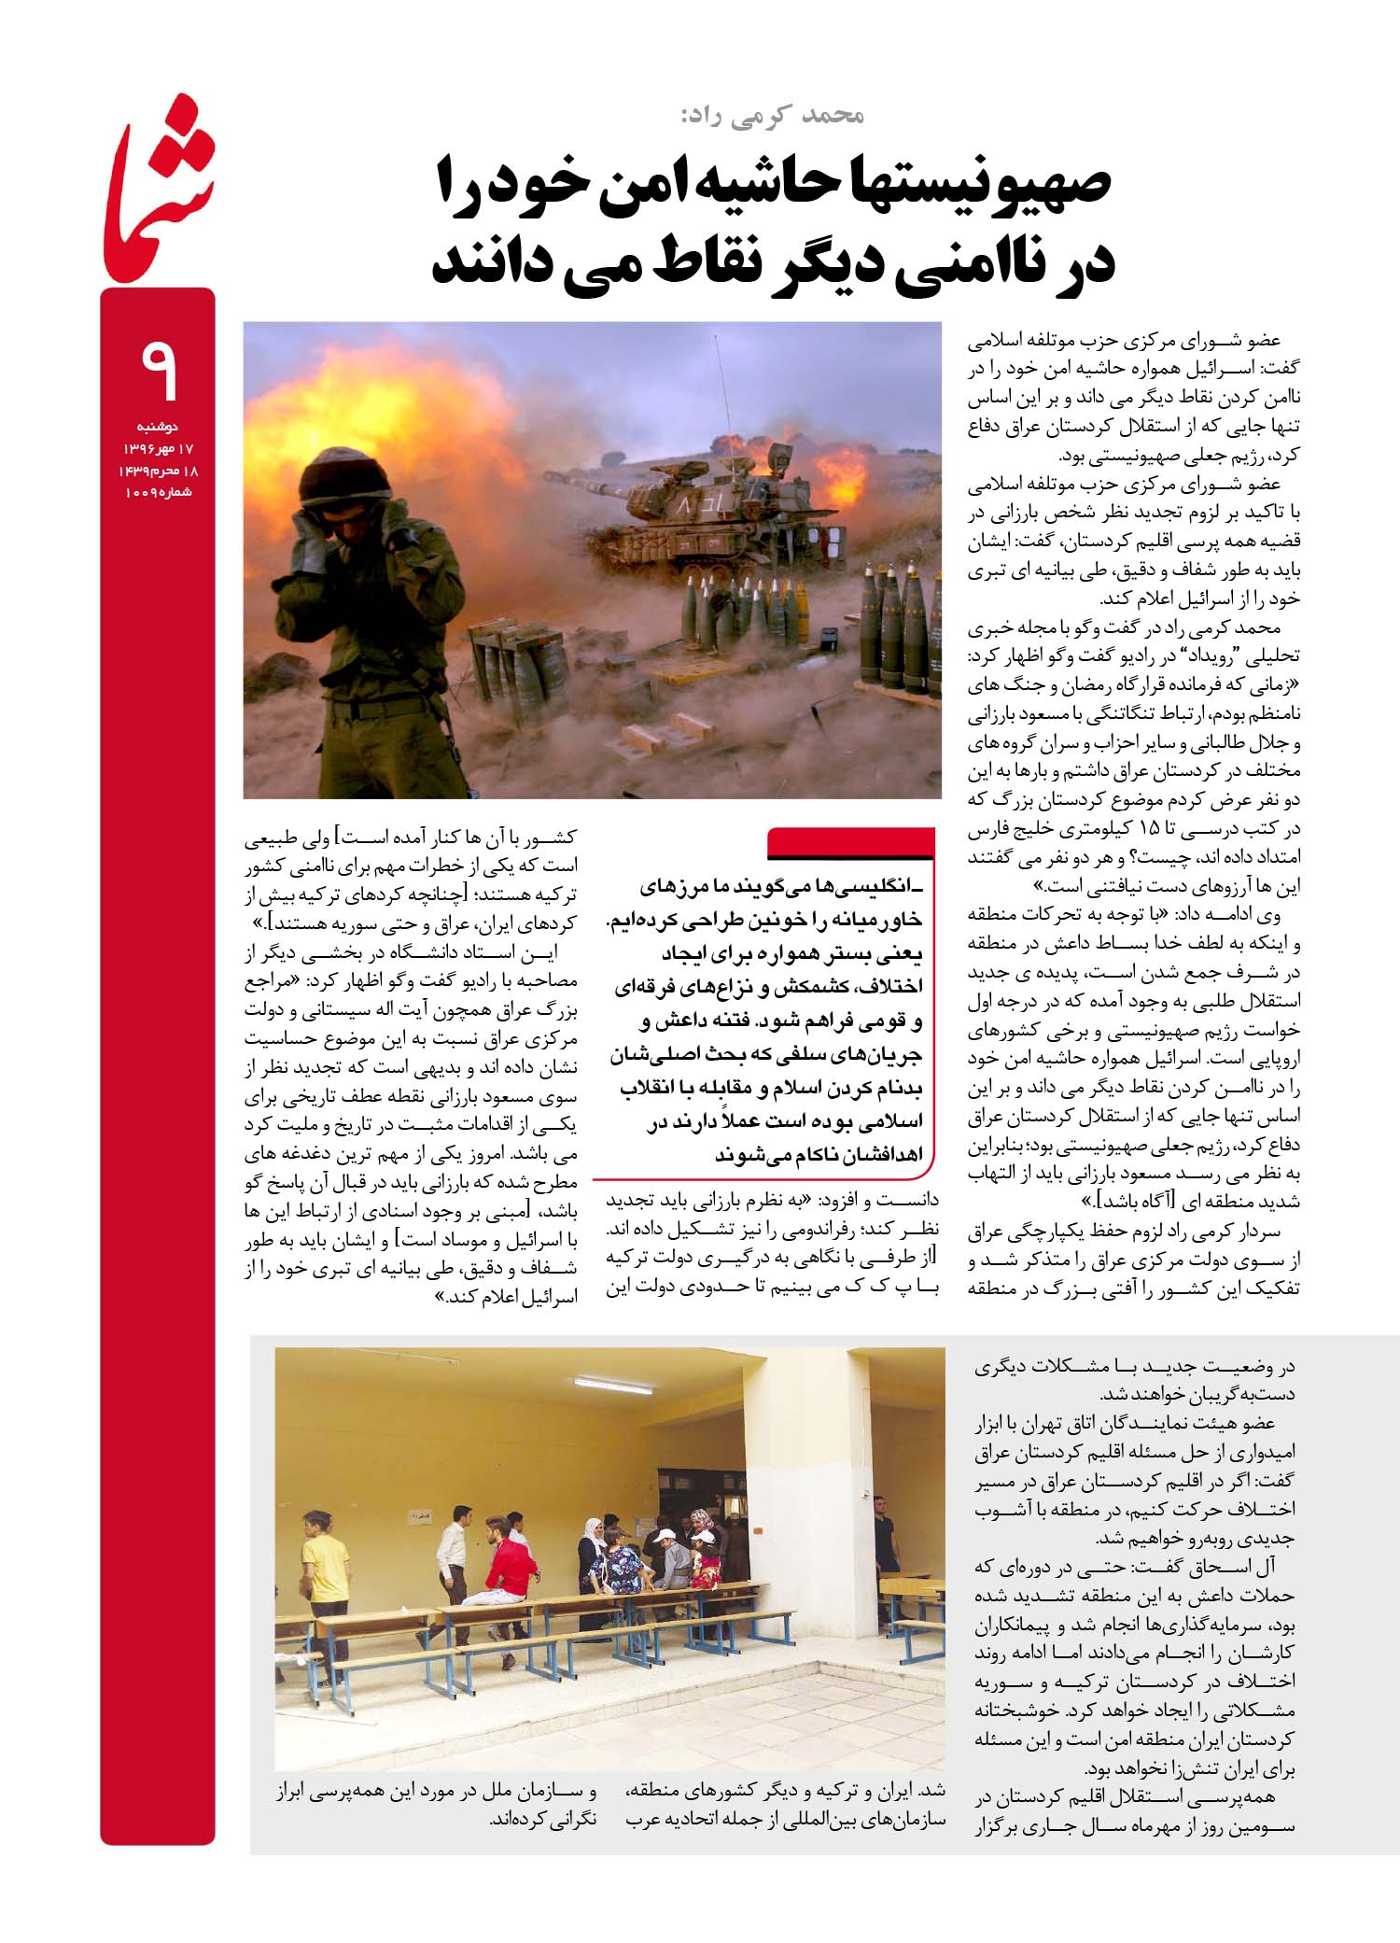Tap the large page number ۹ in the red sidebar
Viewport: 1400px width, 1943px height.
[x=159, y=371]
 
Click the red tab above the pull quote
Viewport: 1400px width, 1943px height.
[x=849, y=843]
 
